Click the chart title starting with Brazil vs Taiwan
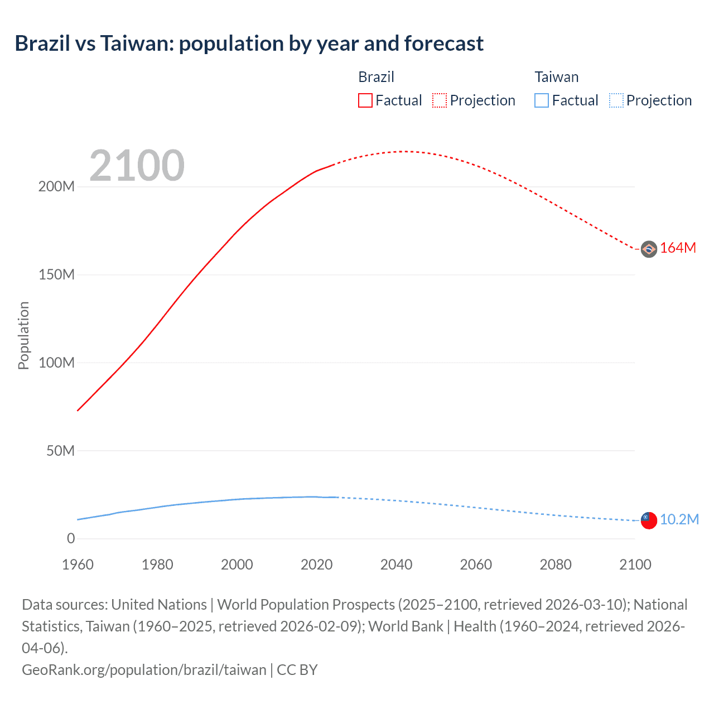pyautogui.click(x=249, y=44)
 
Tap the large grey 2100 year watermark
pyautogui.click(x=137, y=165)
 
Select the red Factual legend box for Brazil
pyautogui.click(x=365, y=100)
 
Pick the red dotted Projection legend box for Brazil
pyautogui.click(x=440, y=100)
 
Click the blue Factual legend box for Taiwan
pyautogui.click(x=542, y=100)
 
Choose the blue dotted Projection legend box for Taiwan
pyautogui.click(x=616, y=100)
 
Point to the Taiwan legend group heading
pyautogui.click(x=556, y=77)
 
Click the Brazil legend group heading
pyautogui.click(x=376, y=77)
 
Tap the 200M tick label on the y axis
pyautogui.click(x=56, y=187)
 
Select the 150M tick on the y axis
pyautogui.click(x=56, y=275)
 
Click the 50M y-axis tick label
pyautogui.click(x=60, y=451)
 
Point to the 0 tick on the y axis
pyautogui.click(x=71, y=539)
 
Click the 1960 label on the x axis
pyautogui.click(x=78, y=565)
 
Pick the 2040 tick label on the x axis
pyautogui.click(x=396, y=565)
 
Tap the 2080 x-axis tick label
pyautogui.click(x=556, y=565)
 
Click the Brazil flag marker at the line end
pyautogui.click(x=649, y=249)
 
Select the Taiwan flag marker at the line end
pyautogui.click(x=649, y=520)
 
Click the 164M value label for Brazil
pyautogui.click(x=678, y=248)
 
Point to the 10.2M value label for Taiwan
pyautogui.click(x=679, y=520)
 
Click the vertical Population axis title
pyautogui.click(x=23, y=335)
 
